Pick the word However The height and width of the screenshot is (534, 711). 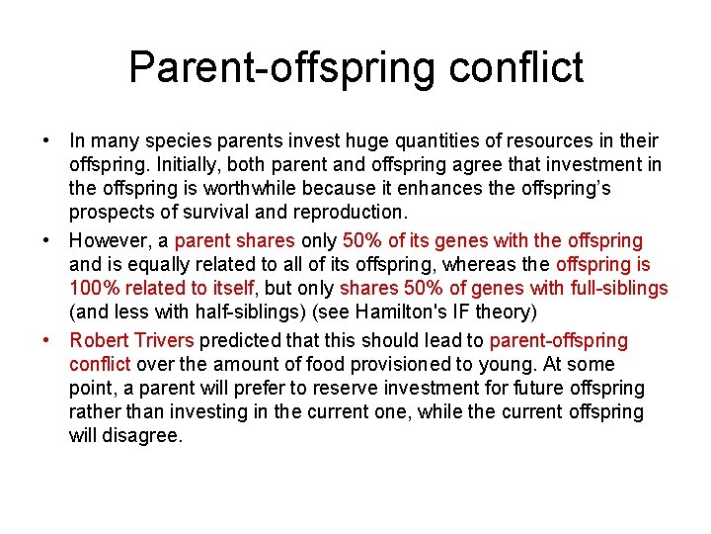click(108, 240)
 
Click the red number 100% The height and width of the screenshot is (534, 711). click(92, 289)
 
